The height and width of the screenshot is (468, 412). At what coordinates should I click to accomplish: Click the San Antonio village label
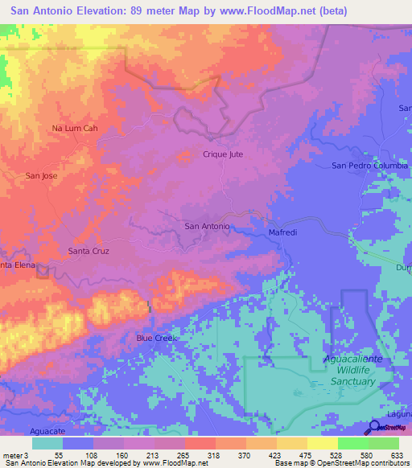coord(208,226)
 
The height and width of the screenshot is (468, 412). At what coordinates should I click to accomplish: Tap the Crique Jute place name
coord(223,154)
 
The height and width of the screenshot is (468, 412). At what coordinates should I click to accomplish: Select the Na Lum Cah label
coord(75,128)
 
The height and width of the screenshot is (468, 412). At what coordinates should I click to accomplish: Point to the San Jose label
coord(41,175)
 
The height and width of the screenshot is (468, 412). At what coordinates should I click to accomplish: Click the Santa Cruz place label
coord(88,251)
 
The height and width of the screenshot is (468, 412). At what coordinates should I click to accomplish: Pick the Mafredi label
coord(282,233)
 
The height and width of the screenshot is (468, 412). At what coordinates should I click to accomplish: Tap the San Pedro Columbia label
coord(370,166)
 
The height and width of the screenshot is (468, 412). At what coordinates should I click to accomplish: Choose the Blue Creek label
coord(155,339)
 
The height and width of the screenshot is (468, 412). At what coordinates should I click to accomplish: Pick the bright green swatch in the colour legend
coord(353,443)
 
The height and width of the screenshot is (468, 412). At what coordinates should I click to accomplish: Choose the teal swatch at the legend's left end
coord(47,443)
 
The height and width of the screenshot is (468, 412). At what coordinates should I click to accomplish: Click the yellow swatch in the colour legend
coord(323,443)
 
